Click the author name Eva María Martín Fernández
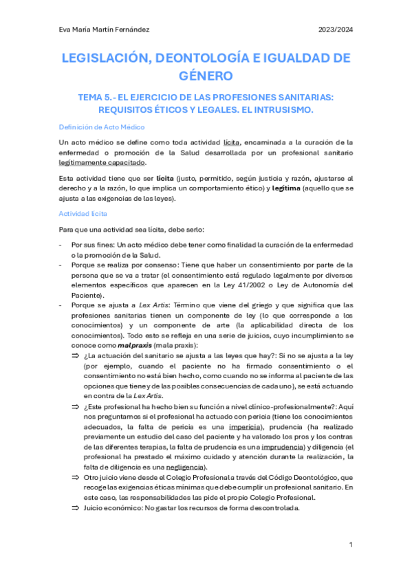click(104, 29)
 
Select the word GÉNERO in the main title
click(206, 74)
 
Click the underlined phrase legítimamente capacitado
click(102, 163)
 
